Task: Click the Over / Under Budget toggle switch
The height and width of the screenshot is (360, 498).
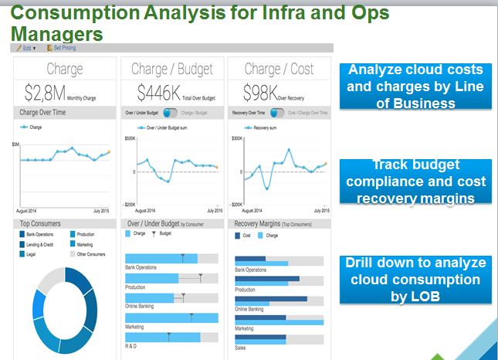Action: (171, 113)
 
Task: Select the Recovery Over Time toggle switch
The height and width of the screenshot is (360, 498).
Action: (276, 113)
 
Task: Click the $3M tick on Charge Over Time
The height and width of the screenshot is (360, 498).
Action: (15, 144)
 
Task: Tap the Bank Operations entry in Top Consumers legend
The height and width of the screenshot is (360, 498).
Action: (39, 234)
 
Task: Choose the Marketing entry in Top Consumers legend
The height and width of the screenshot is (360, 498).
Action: (85, 243)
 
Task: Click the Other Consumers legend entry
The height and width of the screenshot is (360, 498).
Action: (91, 253)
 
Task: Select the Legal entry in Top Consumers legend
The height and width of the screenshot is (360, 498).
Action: (32, 253)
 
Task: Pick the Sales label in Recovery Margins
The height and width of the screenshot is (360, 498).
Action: (241, 347)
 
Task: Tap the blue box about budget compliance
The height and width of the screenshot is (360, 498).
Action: (415, 182)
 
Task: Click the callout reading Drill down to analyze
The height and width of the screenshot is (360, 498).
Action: (415, 278)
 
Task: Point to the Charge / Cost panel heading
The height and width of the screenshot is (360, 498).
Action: (279, 70)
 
